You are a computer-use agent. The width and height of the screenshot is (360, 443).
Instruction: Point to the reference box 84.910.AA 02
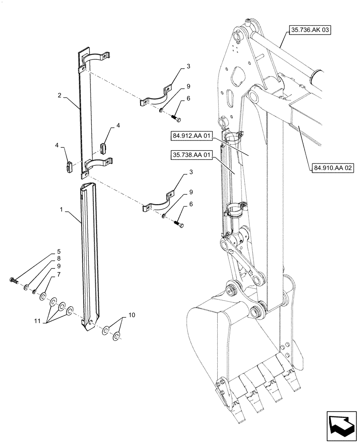click(333, 168)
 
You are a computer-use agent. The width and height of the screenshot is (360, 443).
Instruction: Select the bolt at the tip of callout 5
click(13, 280)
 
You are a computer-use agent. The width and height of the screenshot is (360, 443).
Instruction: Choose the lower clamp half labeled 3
click(158, 204)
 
